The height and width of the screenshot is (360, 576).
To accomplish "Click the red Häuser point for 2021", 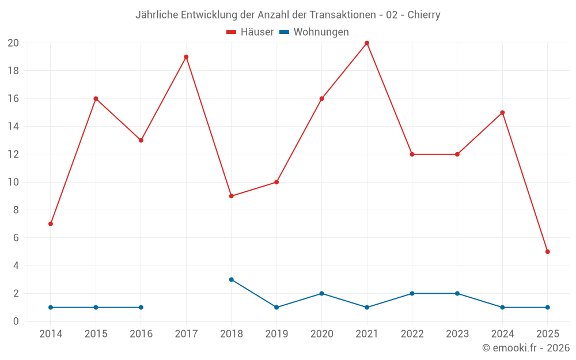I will click(x=367, y=43).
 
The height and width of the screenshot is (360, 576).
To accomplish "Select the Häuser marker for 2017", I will click(x=186, y=57).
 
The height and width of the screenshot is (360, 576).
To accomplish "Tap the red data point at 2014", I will click(x=51, y=223).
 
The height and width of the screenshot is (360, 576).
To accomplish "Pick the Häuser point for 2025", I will click(x=547, y=252).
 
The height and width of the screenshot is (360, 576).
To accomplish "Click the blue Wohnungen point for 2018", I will click(x=232, y=279).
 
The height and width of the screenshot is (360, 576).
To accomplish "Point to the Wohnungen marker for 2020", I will click(x=321, y=293).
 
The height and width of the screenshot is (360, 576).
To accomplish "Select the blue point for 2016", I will click(x=141, y=307).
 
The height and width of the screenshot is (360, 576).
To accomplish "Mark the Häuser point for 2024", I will click(x=502, y=112).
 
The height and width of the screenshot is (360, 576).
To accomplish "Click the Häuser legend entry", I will click(x=250, y=32).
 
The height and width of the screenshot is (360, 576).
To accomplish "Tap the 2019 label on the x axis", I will click(x=276, y=334).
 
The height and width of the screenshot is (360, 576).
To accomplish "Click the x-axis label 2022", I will click(x=412, y=334).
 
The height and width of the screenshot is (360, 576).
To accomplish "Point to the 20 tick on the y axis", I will click(x=13, y=43).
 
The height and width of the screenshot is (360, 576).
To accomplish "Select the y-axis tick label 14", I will click(x=13, y=127).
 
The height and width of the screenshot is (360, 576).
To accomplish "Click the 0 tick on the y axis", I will click(x=16, y=321).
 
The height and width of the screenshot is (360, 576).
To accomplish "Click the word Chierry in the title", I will click(x=424, y=15).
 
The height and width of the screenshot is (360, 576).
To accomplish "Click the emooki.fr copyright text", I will click(x=526, y=348).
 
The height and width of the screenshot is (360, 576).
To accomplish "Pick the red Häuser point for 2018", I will click(x=232, y=196).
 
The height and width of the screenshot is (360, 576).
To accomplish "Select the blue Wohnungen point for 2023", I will click(x=457, y=293).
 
